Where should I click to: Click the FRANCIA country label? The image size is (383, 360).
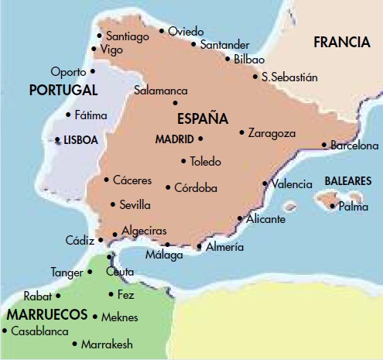point(342,43)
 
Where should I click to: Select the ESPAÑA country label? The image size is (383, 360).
point(203,119)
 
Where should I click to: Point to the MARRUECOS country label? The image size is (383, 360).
point(47,316)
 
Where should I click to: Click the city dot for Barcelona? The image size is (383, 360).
point(324,145)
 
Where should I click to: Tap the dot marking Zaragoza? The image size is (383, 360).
point(242,132)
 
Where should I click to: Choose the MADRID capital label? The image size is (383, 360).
point(173,139)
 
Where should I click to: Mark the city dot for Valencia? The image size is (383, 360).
point(265,183)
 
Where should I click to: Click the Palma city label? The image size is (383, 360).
point(353,207)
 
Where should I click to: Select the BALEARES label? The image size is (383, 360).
point(347,180)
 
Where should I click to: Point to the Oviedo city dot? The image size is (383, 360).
point(162,32)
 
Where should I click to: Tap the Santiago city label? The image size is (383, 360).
point(128,36)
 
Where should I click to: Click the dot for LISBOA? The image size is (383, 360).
point(57,140)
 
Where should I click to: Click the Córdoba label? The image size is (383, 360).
point(196,187)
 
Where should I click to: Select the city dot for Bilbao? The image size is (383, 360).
point(227,58)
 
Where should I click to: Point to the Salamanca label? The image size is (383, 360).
point(161,91)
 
